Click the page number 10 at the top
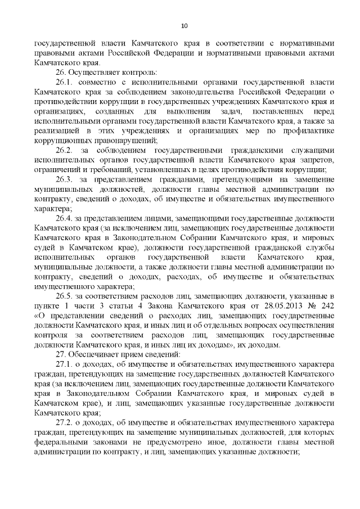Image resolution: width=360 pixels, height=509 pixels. [184, 25]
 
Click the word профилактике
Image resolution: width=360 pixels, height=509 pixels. [308, 130]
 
